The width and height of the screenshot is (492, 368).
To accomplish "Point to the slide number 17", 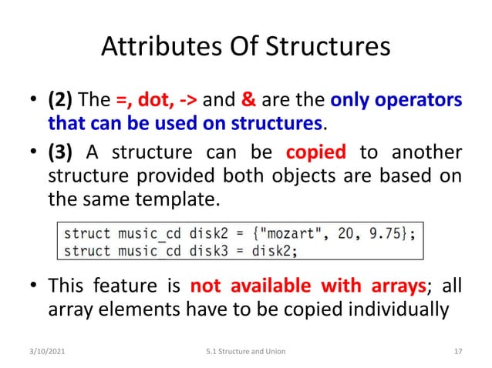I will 458,352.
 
